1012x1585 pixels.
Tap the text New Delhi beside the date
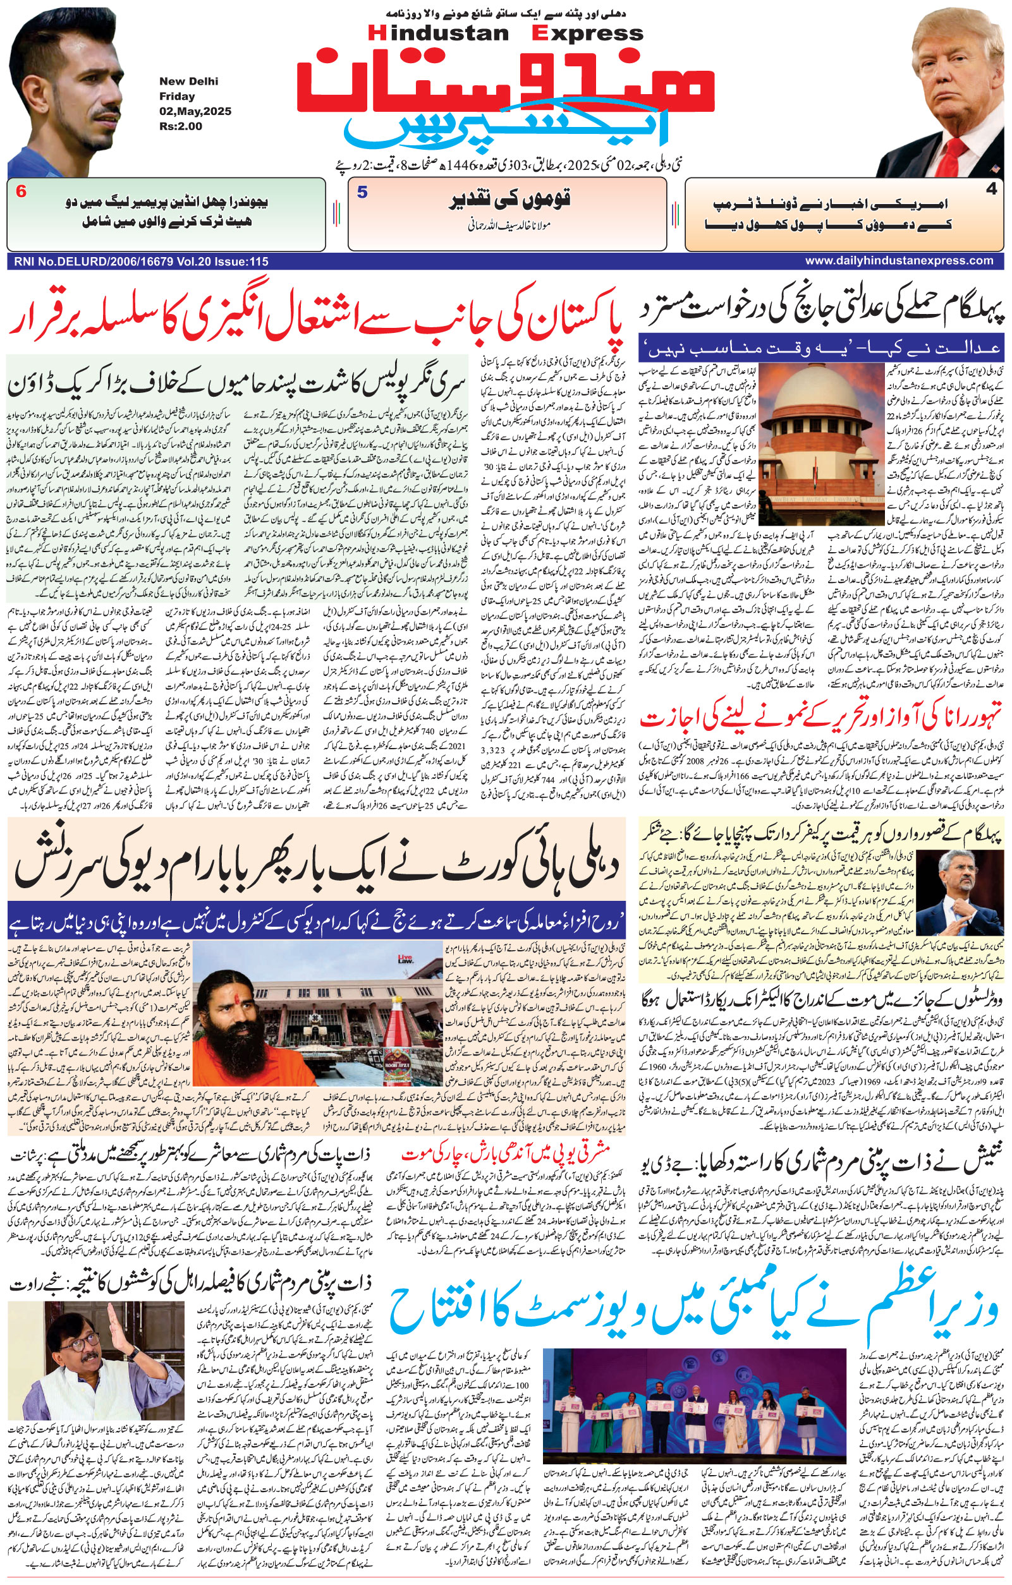[x=188, y=81]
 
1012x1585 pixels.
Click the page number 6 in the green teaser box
[x=21, y=193]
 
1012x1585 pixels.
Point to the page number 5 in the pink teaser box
[x=362, y=193]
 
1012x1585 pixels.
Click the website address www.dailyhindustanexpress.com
[x=899, y=261]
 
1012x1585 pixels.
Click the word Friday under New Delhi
[x=174, y=97]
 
